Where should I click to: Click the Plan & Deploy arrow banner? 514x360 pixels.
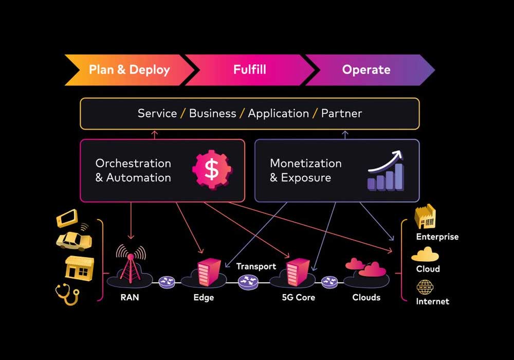click(130, 70)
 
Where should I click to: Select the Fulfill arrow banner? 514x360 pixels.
click(250, 70)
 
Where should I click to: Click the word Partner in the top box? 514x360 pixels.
click(342, 114)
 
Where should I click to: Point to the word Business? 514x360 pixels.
click(213, 114)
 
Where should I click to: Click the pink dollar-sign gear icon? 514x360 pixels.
click(212, 169)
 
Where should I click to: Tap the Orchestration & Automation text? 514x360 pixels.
click(133, 171)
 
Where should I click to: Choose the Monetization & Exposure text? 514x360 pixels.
click(306, 171)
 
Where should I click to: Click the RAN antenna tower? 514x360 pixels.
click(131, 264)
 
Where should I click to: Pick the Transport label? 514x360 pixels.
click(256, 266)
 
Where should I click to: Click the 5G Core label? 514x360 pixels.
click(298, 297)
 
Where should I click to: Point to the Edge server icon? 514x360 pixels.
click(209, 272)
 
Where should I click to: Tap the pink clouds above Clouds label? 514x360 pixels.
click(366, 268)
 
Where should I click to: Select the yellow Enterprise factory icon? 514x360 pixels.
click(425, 217)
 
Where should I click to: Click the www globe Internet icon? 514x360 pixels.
click(425, 287)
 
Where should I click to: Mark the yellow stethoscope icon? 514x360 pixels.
click(67, 294)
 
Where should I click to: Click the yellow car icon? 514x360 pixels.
click(74, 240)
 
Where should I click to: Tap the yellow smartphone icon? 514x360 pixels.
click(67, 218)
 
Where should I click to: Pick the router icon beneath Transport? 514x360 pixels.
click(248, 282)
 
